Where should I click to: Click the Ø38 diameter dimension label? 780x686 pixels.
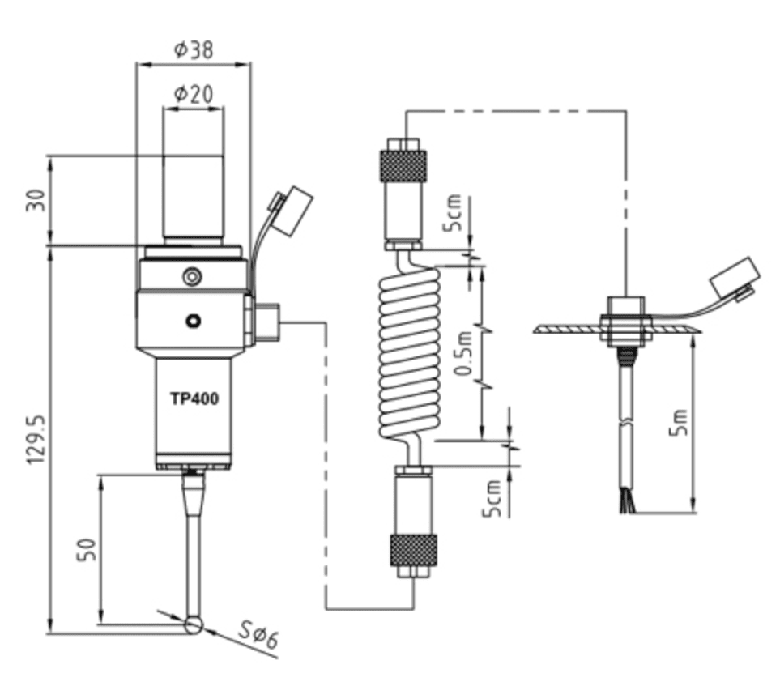click(x=194, y=49)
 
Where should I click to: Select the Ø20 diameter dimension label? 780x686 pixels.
click(x=194, y=94)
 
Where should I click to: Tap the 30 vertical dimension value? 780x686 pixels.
click(x=36, y=200)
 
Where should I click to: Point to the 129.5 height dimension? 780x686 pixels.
click(x=36, y=439)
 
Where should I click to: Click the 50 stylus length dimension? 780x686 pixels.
click(x=87, y=549)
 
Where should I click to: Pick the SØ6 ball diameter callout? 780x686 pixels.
click(x=258, y=635)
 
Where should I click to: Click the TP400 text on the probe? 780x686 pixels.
click(x=194, y=398)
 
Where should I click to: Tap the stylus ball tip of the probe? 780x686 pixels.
click(x=194, y=625)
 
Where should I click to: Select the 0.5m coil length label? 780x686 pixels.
click(x=463, y=354)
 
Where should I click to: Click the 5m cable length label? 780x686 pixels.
click(x=678, y=423)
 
